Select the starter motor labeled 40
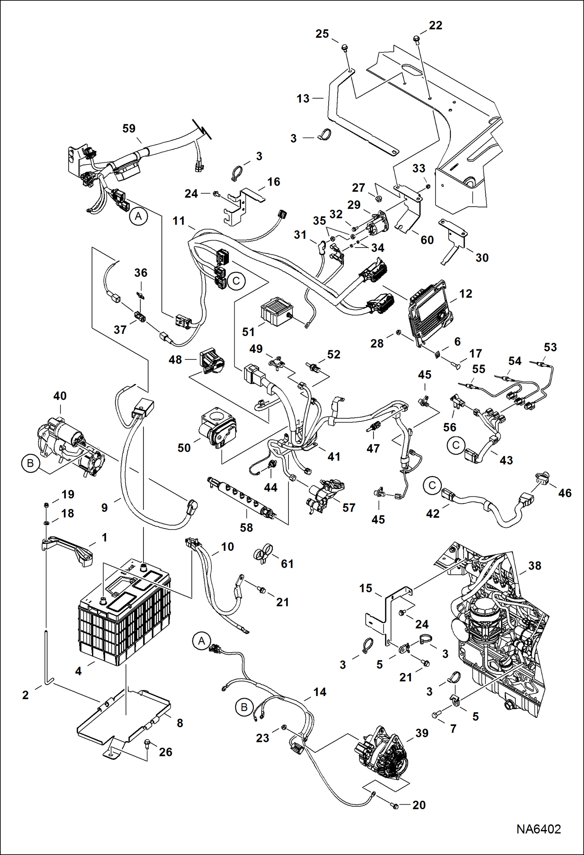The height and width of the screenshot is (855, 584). (70, 444)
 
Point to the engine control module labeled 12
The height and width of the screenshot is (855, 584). (431, 312)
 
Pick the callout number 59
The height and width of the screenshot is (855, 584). (129, 128)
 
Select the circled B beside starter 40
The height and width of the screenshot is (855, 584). (30, 464)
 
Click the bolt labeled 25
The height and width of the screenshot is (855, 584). (344, 48)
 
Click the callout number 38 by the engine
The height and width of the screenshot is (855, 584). (534, 566)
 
